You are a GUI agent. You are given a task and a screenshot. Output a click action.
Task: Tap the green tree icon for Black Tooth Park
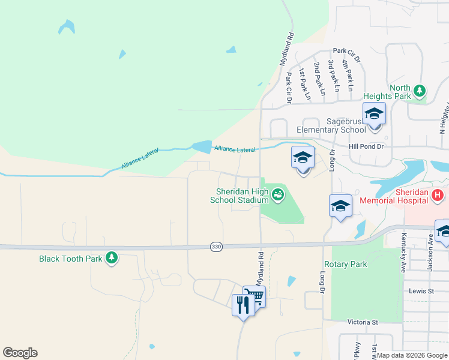click(111, 258)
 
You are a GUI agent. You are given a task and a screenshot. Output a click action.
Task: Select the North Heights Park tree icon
click(420, 91)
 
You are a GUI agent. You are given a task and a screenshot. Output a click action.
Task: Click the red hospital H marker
click(438, 196)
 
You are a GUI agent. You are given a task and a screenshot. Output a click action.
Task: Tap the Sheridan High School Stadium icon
click(277, 193)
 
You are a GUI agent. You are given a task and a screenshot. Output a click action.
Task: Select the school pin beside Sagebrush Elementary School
click(374, 114)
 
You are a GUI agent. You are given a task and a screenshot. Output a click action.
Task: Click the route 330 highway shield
click(216, 247)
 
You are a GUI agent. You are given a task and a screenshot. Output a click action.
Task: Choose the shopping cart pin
click(255, 296)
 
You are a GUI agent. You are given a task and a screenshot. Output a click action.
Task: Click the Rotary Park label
click(345, 264)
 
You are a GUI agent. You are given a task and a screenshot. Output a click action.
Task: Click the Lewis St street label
click(421, 291)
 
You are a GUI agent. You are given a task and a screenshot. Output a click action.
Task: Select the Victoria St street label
click(363, 322)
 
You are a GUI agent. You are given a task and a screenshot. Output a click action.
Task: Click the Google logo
click(20, 353)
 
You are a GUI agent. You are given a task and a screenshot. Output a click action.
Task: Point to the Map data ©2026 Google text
click(412, 355)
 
